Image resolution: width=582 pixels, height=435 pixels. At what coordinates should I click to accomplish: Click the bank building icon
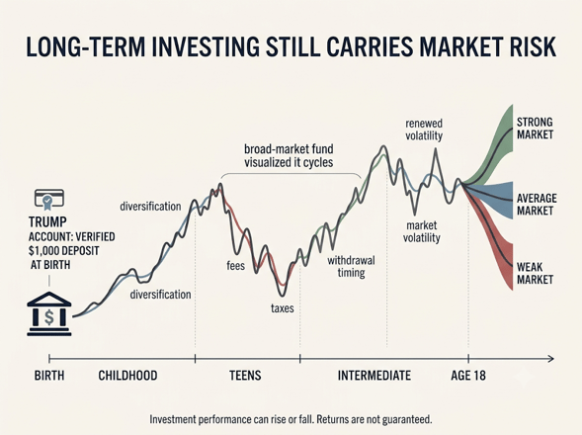[49, 314]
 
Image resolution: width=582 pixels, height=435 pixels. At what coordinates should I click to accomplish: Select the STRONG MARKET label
[535, 129]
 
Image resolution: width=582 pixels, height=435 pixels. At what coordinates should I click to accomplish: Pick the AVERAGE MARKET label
[537, 205]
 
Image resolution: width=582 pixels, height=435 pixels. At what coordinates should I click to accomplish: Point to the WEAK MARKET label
[535, 273]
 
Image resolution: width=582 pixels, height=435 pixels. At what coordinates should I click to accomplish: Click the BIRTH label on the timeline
[49, 376]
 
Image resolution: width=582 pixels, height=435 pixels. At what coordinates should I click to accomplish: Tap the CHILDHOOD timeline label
[127, 376]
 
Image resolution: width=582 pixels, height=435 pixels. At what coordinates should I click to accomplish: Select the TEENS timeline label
[245, 376]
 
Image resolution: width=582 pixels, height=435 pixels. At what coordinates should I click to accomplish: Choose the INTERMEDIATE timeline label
[374, 376]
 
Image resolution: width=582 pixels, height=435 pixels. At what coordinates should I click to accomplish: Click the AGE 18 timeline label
[468, 376]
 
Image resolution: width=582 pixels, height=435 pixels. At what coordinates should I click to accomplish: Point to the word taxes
[282, 308]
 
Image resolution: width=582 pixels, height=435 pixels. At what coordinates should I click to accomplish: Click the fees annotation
[236, 266]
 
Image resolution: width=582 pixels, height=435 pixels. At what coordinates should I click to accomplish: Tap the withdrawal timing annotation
[351, 266]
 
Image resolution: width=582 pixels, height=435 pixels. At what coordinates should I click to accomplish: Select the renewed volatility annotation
[424, 130]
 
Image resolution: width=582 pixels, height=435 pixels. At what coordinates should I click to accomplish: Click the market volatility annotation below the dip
[422, 231]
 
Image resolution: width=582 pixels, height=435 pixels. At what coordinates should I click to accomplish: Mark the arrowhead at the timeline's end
[551, 359]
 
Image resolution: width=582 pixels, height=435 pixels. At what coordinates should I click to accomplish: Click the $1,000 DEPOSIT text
[64, 251]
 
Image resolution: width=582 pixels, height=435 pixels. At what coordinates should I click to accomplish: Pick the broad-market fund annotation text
[289, 155]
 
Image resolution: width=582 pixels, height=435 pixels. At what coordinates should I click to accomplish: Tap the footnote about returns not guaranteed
[291, 420]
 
